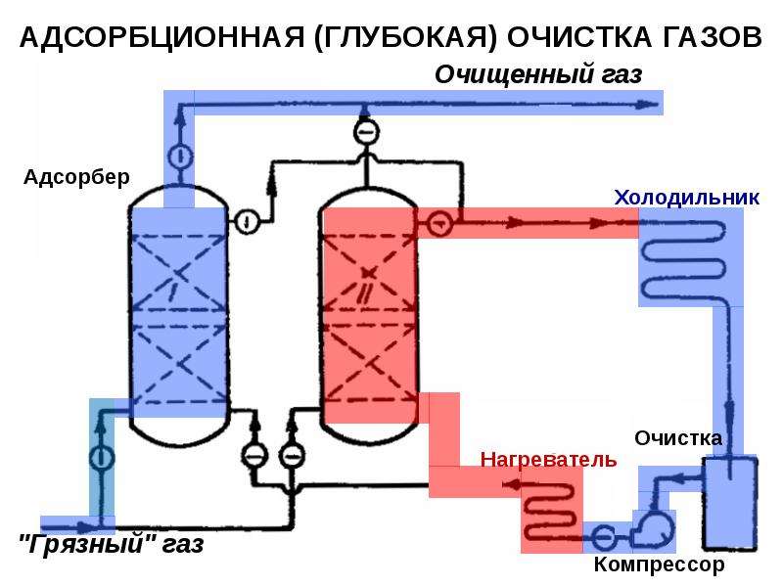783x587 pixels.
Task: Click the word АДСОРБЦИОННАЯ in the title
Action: pyautogui.click(x=162, y=37)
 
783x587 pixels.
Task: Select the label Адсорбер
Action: pyautogui.click(x=76, y=177)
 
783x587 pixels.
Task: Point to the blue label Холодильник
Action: pyautogui.click(x=687, y=198)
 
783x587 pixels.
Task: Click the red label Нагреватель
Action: pyautogui.click(x=548, y=459)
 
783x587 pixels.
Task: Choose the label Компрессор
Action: pyautogui.click(x=659, y=565)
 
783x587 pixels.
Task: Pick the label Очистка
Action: pyautogui.click(x=678, y=438)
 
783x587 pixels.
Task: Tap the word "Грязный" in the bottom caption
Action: pyautogui.click(x=86, y=544)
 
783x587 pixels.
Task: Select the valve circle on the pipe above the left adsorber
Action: pyautogui.click(x=179, y=157)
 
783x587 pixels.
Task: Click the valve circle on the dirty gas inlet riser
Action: pyautogui.click(x=102, y=458)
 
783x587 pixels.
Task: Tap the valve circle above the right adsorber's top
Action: pyautogui.click(x=366, y=132)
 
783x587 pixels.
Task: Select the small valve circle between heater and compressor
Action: pyautogui.click(x=603, y=538)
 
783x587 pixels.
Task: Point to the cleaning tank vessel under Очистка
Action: pyautogui.click(x=730, y=503)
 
